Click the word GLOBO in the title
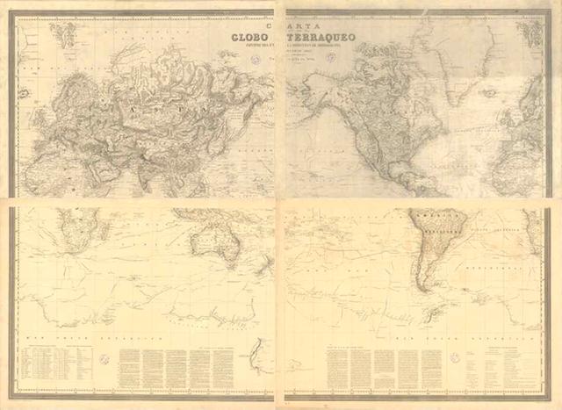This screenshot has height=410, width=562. [x=249, y=37]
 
